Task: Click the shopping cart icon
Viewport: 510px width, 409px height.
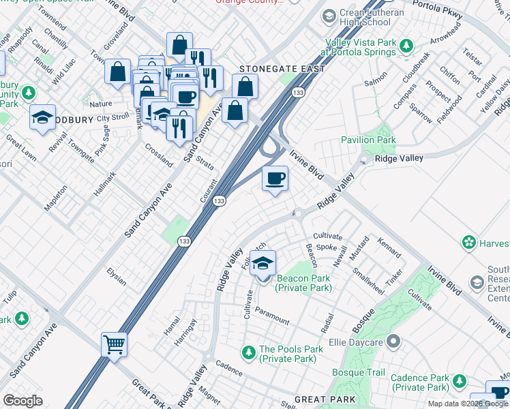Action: (115, 344)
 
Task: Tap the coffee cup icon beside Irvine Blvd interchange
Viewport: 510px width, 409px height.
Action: (275, 179)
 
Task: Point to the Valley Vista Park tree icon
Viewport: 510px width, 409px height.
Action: (406, 46)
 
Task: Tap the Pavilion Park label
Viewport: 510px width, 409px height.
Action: (368, 140)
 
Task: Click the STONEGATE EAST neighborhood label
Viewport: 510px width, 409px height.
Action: (281, 70)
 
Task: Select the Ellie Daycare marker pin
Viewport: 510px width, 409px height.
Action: (392, 340)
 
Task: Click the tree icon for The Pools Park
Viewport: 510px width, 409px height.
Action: (249, 352)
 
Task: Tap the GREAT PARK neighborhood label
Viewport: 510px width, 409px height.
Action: (325, 399)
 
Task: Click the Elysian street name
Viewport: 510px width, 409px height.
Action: (117, 276)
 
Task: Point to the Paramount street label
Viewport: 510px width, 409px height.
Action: (272, 316)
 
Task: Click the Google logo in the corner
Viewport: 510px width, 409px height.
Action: (22, 401)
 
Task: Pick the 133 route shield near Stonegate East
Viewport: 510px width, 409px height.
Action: (297, 92)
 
